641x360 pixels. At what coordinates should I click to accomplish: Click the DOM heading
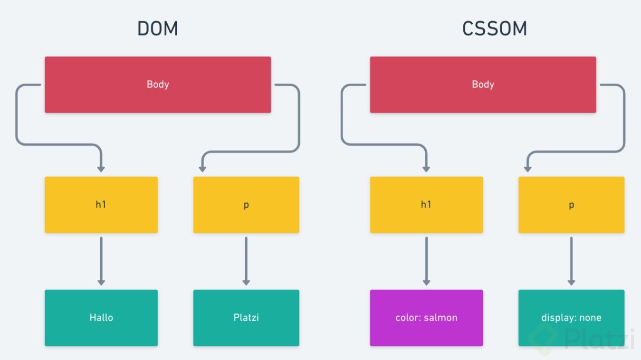(157, 29)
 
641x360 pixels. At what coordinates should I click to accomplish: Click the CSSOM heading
(495, 29)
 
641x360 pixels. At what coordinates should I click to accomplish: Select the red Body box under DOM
(158, 85)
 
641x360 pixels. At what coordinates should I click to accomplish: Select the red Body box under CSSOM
(483, 85)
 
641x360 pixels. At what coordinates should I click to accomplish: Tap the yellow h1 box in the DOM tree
(101, 205)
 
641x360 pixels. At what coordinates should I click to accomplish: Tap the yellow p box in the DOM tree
(246, 205)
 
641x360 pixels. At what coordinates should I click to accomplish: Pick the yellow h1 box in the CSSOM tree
(426, 205)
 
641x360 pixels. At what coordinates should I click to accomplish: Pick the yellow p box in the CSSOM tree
(571, 205)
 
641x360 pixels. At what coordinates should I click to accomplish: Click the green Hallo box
(101, 317)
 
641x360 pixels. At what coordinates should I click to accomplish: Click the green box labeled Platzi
(246, 317)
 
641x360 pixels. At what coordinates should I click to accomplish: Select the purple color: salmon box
(426, 317)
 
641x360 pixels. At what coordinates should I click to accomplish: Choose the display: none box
(571, 317)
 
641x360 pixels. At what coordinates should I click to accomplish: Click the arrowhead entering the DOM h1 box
(101, 169)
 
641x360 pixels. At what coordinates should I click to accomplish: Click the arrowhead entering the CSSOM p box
(527, 169)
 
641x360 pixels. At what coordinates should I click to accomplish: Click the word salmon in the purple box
(441, 317)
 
